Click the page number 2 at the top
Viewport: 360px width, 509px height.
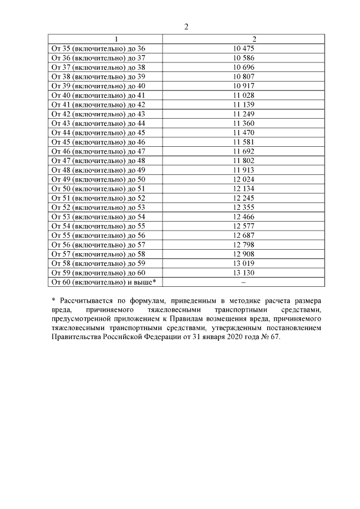[x=186, y=27]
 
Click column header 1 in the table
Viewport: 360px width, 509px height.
[x=116, y=39]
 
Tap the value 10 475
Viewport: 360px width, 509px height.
[x=244, y=48]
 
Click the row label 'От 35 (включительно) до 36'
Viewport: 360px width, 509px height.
[x=98, y=48]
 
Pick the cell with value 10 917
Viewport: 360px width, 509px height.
[x=244, y=85]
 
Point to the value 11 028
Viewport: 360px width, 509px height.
[x=244, y=95]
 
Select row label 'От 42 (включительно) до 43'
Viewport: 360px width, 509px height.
[x=98, y=114]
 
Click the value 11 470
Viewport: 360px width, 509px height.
[x=244, y=133]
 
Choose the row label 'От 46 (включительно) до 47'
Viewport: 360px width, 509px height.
[x=98, y=151]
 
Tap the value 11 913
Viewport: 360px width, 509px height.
[x=244, y=170]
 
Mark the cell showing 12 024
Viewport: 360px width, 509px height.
[x=244, y=179]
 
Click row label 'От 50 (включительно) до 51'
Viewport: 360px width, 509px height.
[x=98, y=188]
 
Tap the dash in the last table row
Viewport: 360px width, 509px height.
[x=244, y=282]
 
